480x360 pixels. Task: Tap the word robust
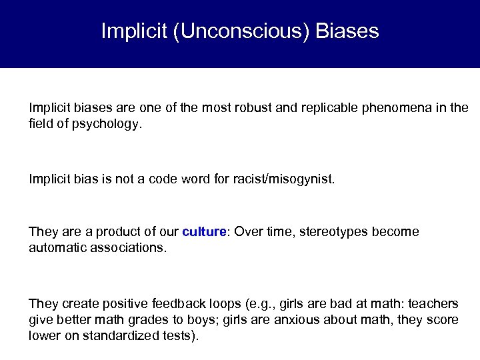click(255, 107)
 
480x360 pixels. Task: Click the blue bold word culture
click(203, 232)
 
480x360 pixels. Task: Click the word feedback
click(172, 303)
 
